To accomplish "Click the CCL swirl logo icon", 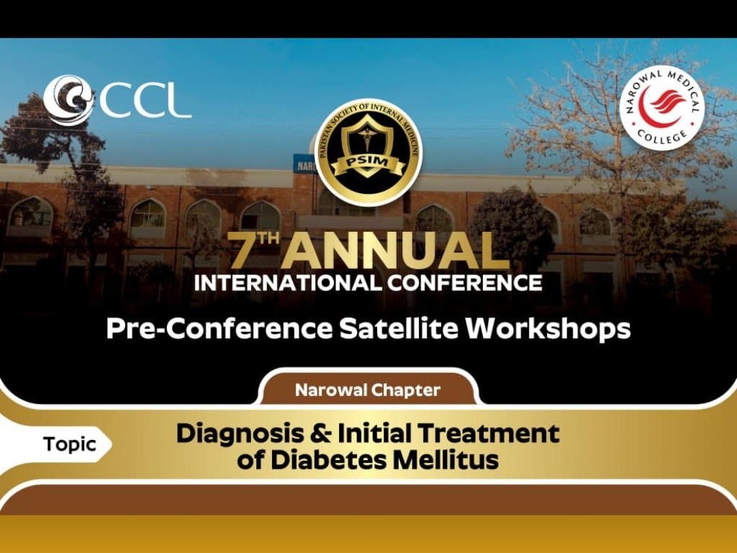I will pyautogui.click(x=68, y=100).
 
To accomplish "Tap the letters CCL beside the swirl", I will pyautogui.click(x=145, y=102).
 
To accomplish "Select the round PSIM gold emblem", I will pyautogui.click(x=368, y=152).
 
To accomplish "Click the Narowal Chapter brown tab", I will pyautogui.click(x=368, y=391).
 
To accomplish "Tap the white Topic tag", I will pyautogui.click(x=69, y=444).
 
